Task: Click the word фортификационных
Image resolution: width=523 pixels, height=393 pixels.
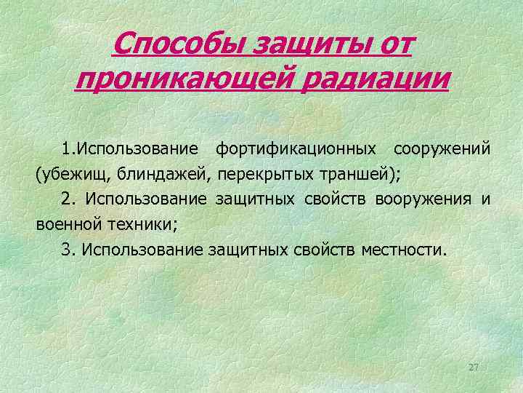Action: pyautogui.click(x=296, y=149)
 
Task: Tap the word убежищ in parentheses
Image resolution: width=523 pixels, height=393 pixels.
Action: pyautogui.click(x=71, y=174)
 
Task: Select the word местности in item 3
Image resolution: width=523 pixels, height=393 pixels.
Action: pyautogui.click(x=403, y=249)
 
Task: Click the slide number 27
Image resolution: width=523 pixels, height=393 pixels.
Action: pyautogui.click(x=474, y=367)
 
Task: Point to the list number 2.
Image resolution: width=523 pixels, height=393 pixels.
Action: pyautogui.click(x=68, y=199)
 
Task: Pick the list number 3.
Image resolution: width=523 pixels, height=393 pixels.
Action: pyautogui.click(x=68, y=249)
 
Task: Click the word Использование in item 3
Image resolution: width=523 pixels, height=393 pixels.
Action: pyautogui.click(x=142, y=249)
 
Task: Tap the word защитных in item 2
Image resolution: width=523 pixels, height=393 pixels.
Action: pyautogui.click(x=252, y=199)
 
